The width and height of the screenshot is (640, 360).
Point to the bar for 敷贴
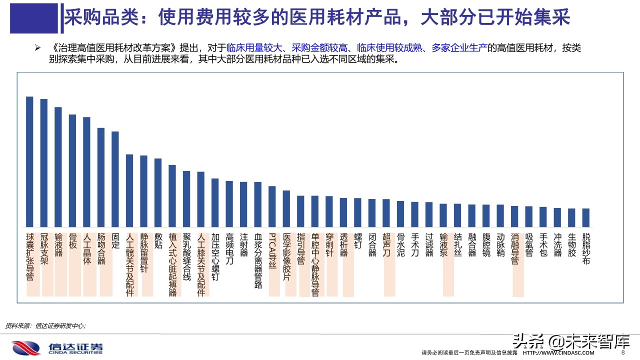click(158, 192)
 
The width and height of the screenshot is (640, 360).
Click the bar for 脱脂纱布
click(586, 217)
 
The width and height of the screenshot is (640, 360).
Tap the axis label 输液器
click(58, 244)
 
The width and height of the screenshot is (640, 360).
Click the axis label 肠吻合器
click(101, 248)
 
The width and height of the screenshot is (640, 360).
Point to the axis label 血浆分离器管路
click(258, 260)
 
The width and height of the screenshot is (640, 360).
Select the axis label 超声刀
click(386, 244)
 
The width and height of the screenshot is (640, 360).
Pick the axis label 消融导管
click(514, 248)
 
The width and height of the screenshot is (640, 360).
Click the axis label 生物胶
click(571, 244)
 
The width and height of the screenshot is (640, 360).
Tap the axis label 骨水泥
click(400, 244)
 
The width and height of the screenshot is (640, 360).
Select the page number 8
click(622, 352)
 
